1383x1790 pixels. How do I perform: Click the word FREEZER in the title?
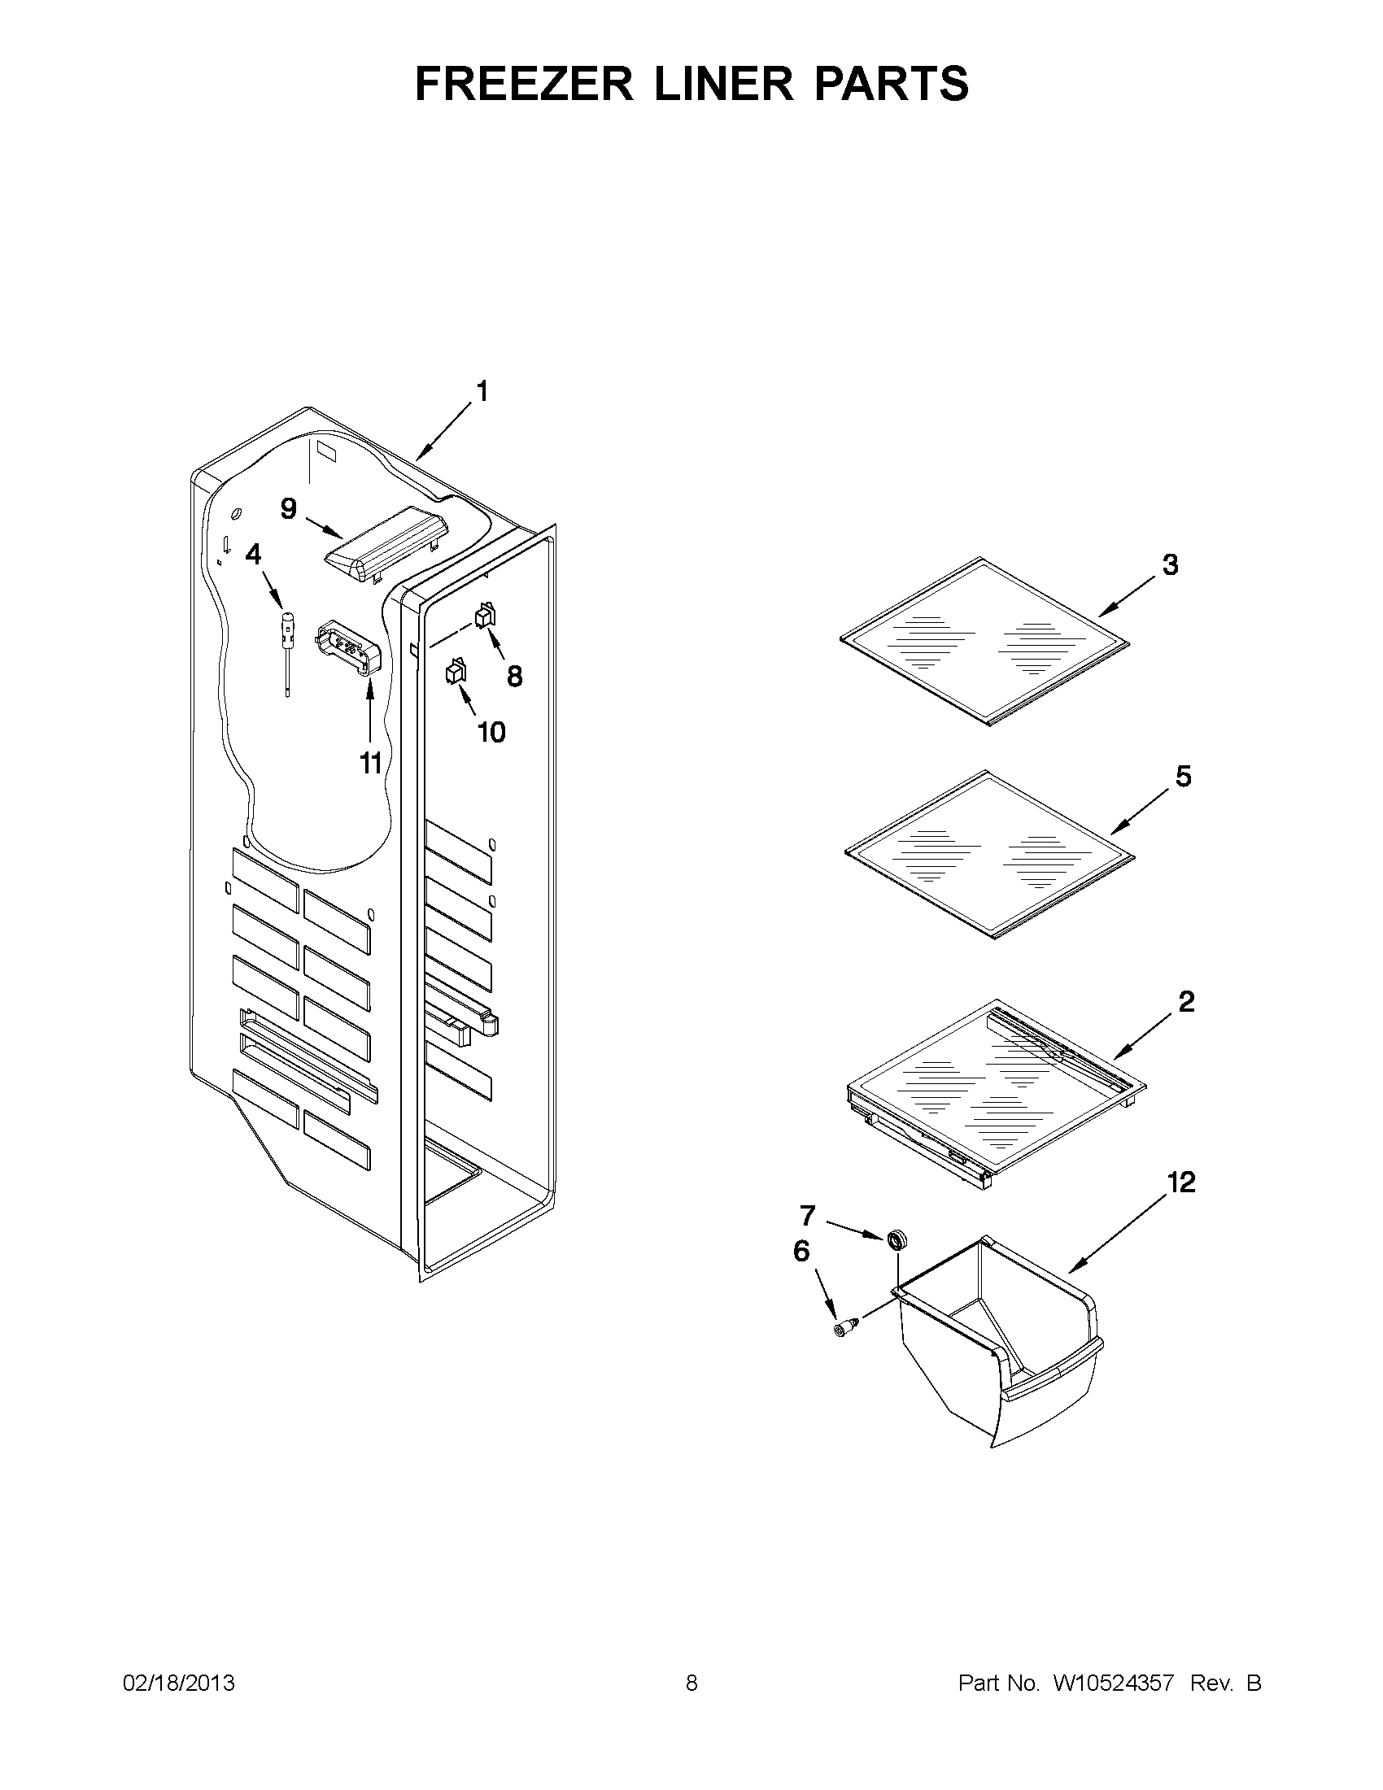523,84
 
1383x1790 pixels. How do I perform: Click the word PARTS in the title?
891,84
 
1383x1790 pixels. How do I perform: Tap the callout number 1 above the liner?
482,392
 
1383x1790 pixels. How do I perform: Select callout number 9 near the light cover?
289,509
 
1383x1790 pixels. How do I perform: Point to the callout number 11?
370,764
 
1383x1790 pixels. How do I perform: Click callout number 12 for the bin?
1181,1182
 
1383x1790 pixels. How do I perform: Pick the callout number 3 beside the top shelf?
1171,564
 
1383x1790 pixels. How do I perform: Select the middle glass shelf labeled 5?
988,854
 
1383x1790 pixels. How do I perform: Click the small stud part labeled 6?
845,1327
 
